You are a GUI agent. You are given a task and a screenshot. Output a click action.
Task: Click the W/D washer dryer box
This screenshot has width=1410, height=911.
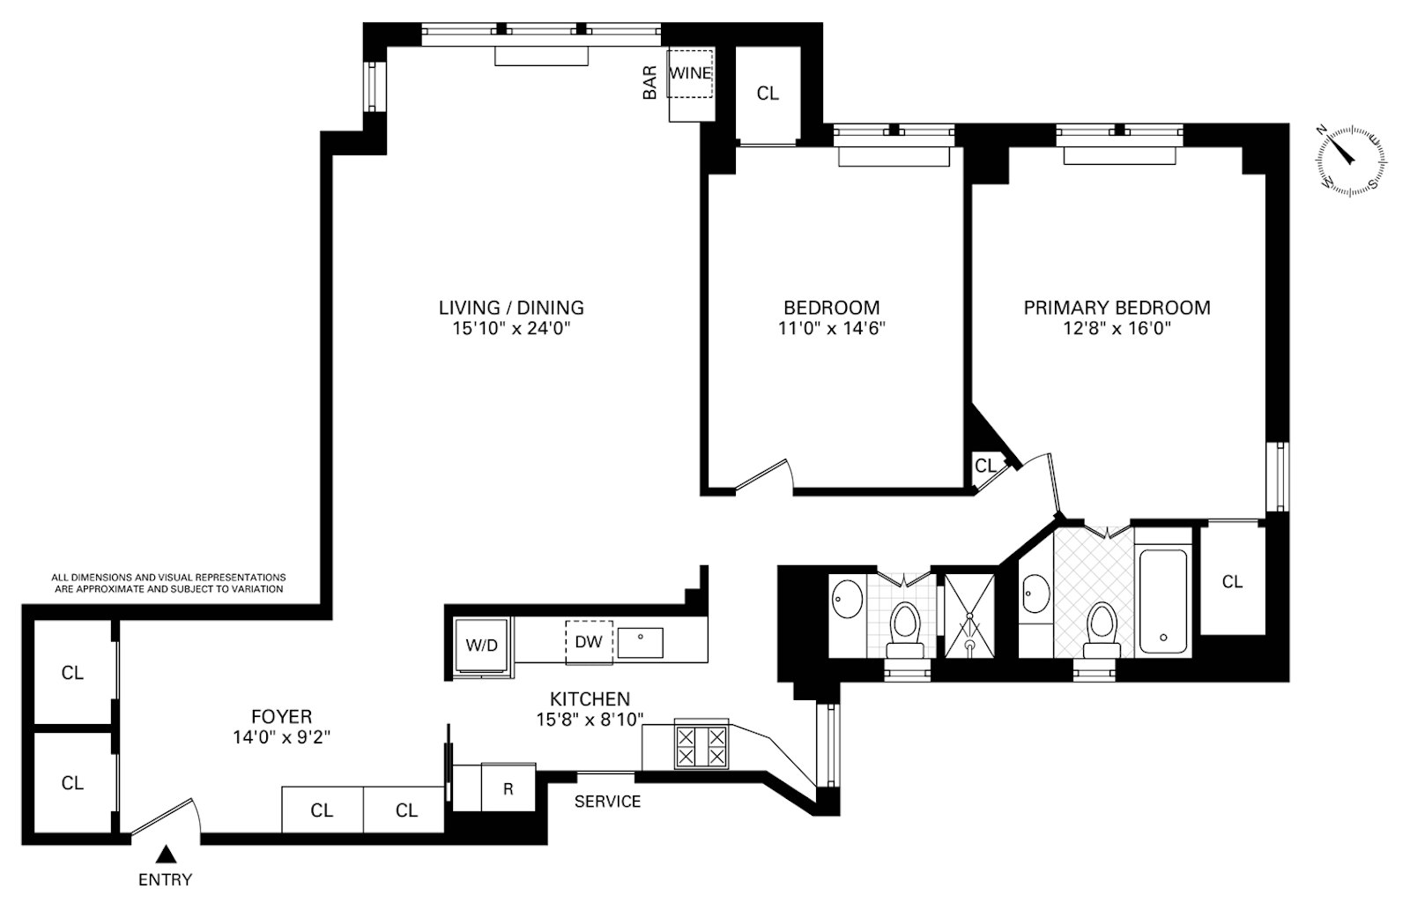click(481, 645)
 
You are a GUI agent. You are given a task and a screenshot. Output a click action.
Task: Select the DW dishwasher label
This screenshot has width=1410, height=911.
click(588, 641)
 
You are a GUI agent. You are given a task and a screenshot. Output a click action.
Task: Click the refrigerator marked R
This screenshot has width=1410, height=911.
click(508, 788)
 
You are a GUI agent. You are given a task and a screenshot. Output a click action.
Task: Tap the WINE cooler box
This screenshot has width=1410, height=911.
click(689, 73)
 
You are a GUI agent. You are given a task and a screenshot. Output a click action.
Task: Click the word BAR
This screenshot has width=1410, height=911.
click(650, 81)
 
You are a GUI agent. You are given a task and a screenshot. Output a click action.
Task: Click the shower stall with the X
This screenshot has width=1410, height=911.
click(968, 616)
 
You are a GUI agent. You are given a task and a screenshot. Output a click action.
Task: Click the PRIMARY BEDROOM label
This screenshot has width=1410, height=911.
click(1117, 308)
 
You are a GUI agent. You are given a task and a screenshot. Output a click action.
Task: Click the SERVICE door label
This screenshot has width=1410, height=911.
click(607, 802)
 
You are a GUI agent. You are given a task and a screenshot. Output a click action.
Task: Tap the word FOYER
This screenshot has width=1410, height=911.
click(281, 717)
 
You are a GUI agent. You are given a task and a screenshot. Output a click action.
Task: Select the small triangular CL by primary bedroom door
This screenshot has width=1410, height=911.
click(985, 466)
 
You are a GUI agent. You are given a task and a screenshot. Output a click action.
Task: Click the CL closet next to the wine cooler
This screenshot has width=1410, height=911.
click(768, 93)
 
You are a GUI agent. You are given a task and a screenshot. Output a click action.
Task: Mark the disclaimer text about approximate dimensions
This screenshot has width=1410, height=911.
click(168, 583)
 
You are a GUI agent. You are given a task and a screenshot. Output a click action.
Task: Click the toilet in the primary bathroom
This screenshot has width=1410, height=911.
click(1100, 628)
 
